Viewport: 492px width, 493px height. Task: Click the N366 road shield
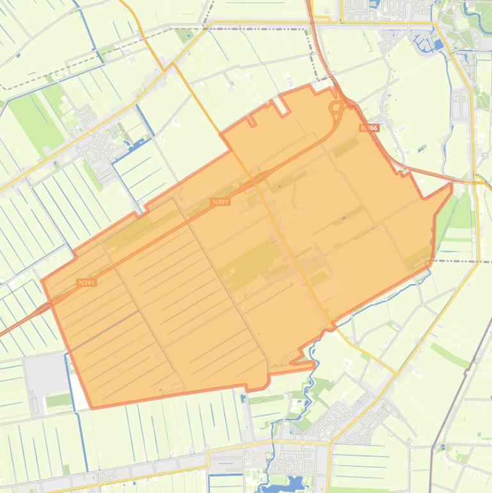point(369,128)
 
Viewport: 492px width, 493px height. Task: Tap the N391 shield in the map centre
point(220,202)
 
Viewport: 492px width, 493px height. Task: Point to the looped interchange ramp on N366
point(335,108)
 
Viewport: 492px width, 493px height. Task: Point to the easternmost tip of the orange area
point(452,185)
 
